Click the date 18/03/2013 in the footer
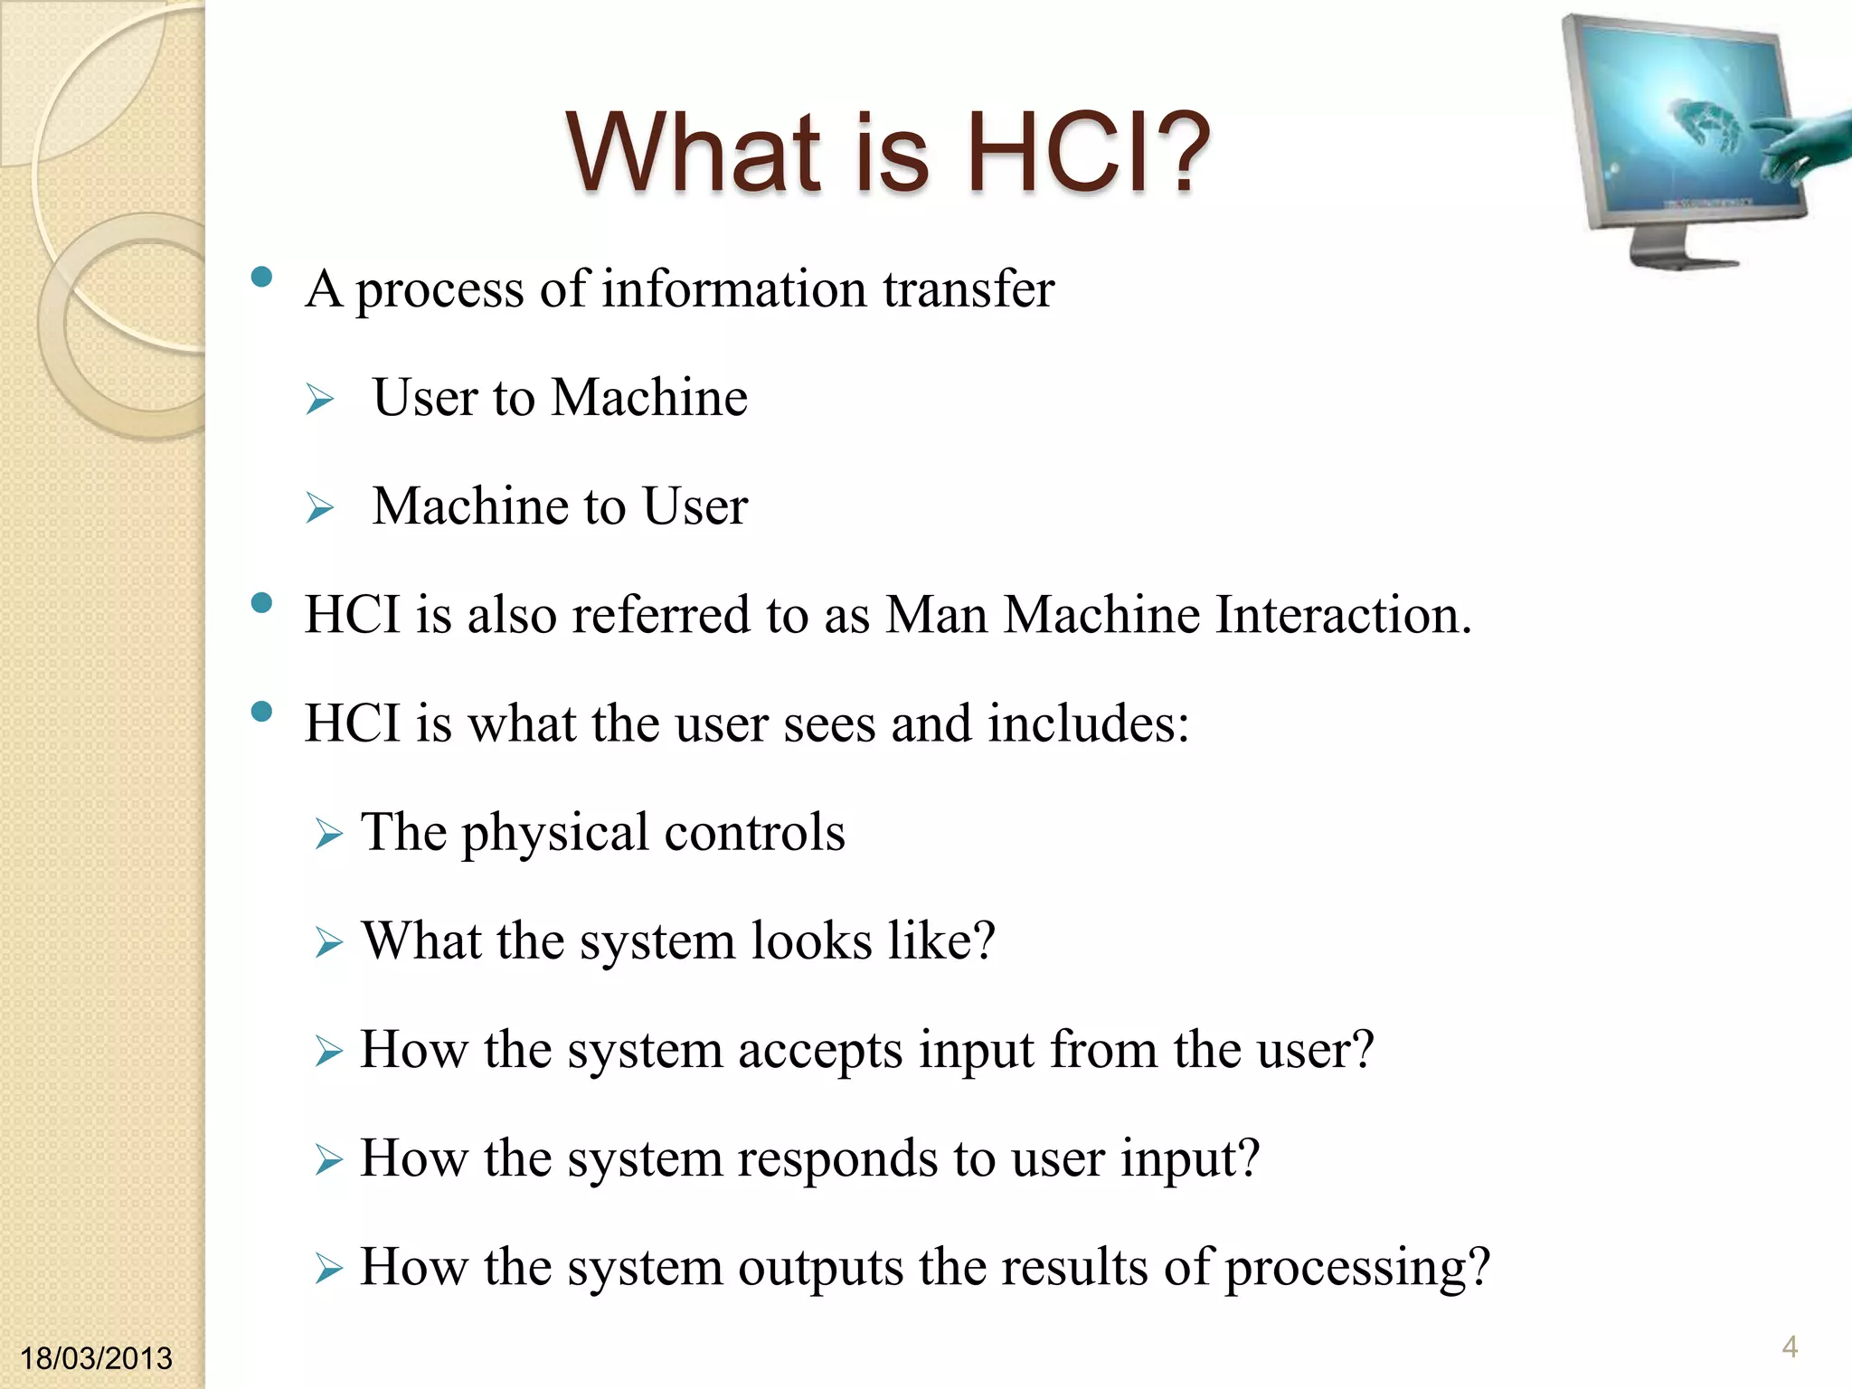click(x=96, y=1357)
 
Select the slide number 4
click(x=1790, y=1346)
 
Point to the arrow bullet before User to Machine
click(x=319, y=399)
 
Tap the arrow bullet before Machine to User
click(x=319, y=507)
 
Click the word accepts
click(x=820, y=1051)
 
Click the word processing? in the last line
click(x=1357, y=1268)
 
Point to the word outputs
click(x=820, y=1268)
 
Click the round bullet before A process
click(x=261, y=278)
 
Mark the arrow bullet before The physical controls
click(x=328, y=834)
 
